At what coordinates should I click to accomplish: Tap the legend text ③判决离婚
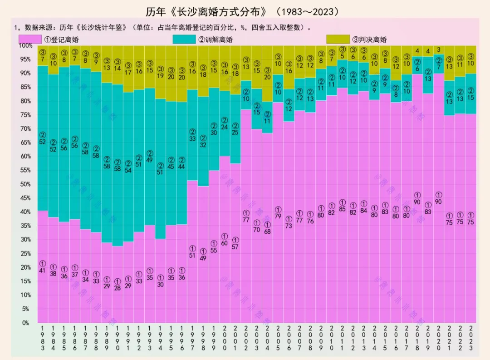point(369,39)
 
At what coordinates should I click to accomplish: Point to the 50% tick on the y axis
point(25,184)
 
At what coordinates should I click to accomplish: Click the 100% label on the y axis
point(24,45)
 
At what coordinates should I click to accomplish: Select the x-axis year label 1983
point(43,338)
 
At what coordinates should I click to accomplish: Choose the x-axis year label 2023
point(471,338)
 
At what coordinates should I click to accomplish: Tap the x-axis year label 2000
point(225,338)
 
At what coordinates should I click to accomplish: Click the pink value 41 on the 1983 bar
point(43,271)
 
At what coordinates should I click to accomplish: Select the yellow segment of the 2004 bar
point(268,86)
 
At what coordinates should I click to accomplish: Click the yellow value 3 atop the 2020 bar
point(439,49)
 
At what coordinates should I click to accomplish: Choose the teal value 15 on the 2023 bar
point(471,98)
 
